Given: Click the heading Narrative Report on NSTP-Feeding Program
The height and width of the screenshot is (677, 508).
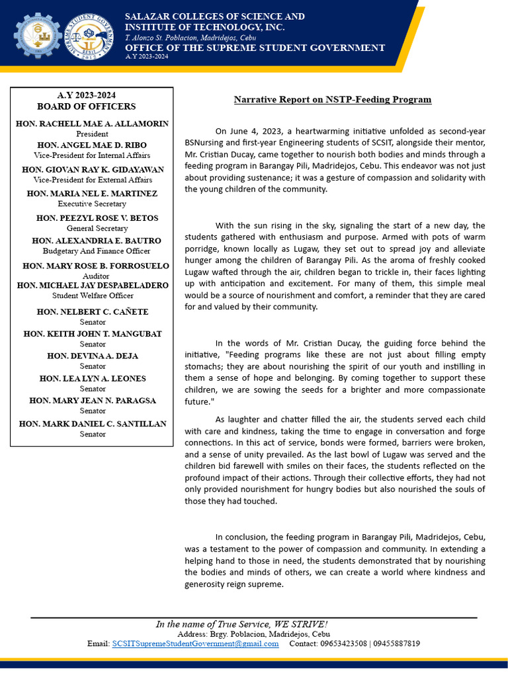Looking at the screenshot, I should (332, 100).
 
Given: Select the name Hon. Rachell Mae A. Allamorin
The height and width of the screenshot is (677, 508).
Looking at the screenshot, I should (93, 124).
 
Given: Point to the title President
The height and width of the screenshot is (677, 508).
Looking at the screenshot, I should (93, 134).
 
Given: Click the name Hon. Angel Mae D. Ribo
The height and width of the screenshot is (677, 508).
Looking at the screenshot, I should (93, 145).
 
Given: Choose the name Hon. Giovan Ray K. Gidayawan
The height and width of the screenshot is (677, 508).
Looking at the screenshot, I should (93, 170).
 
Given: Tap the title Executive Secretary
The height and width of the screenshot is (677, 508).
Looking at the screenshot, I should (93, 204).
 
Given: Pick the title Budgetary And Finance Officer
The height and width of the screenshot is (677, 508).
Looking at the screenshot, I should (97, 251).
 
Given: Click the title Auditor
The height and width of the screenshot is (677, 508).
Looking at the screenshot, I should (96, 276).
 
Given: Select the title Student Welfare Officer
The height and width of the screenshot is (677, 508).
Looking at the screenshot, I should (93, 296).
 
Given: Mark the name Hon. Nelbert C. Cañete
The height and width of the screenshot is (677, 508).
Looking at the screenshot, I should (93, 312).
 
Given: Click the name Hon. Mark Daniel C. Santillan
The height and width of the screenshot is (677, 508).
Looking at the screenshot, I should (93, 424).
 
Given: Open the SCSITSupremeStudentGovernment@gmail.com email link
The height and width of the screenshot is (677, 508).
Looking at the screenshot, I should (195, 644).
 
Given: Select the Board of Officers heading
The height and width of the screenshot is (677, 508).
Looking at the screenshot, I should (87, 106).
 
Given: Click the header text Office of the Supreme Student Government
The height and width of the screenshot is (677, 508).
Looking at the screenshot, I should (255, 48).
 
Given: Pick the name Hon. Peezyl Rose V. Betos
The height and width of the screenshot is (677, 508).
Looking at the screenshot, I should (97, 218).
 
